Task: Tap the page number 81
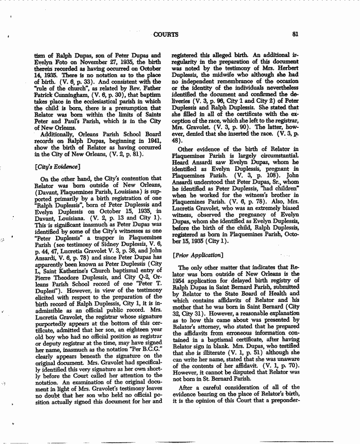[296, 34]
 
